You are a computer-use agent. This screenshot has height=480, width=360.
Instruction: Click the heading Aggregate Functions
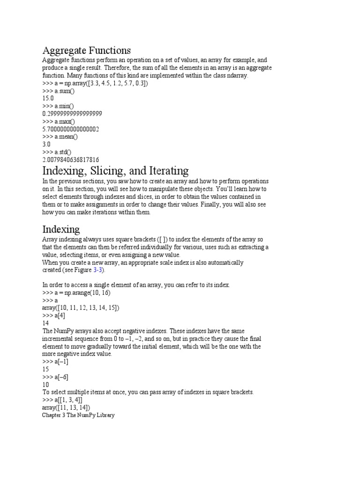click(86, 50)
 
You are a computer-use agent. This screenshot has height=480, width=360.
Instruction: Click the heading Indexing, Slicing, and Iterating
click(115, 170)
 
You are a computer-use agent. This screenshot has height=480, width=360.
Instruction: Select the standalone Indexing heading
click(61, 229)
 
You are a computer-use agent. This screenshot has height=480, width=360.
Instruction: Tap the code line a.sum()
click(59, 90)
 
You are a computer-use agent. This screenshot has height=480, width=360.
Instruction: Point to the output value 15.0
click(48, 98)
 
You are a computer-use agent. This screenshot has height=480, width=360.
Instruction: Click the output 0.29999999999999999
click(72, 113)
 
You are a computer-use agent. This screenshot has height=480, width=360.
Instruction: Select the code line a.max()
click(59, 121)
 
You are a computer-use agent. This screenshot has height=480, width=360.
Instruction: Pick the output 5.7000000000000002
click(70, 129)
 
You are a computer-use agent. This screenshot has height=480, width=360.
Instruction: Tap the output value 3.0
click(46, 144)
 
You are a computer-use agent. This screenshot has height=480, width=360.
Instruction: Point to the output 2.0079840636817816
click(70, 159)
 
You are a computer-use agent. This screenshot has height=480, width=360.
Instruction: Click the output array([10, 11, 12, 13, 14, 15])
click(81, 307)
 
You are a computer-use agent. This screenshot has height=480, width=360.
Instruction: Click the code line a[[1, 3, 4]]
click(62, 399)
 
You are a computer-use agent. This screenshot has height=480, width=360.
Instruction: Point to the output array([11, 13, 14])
click(66, 407)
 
